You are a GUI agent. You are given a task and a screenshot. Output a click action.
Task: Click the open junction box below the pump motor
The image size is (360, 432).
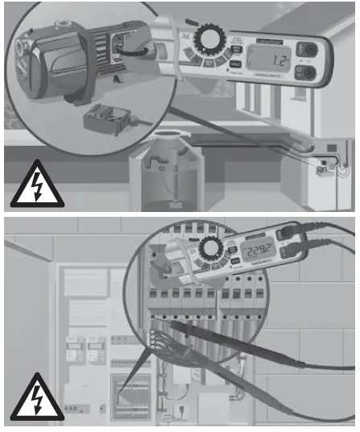106,121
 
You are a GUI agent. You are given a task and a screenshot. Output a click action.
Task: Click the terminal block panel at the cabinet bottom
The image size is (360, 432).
129,394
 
